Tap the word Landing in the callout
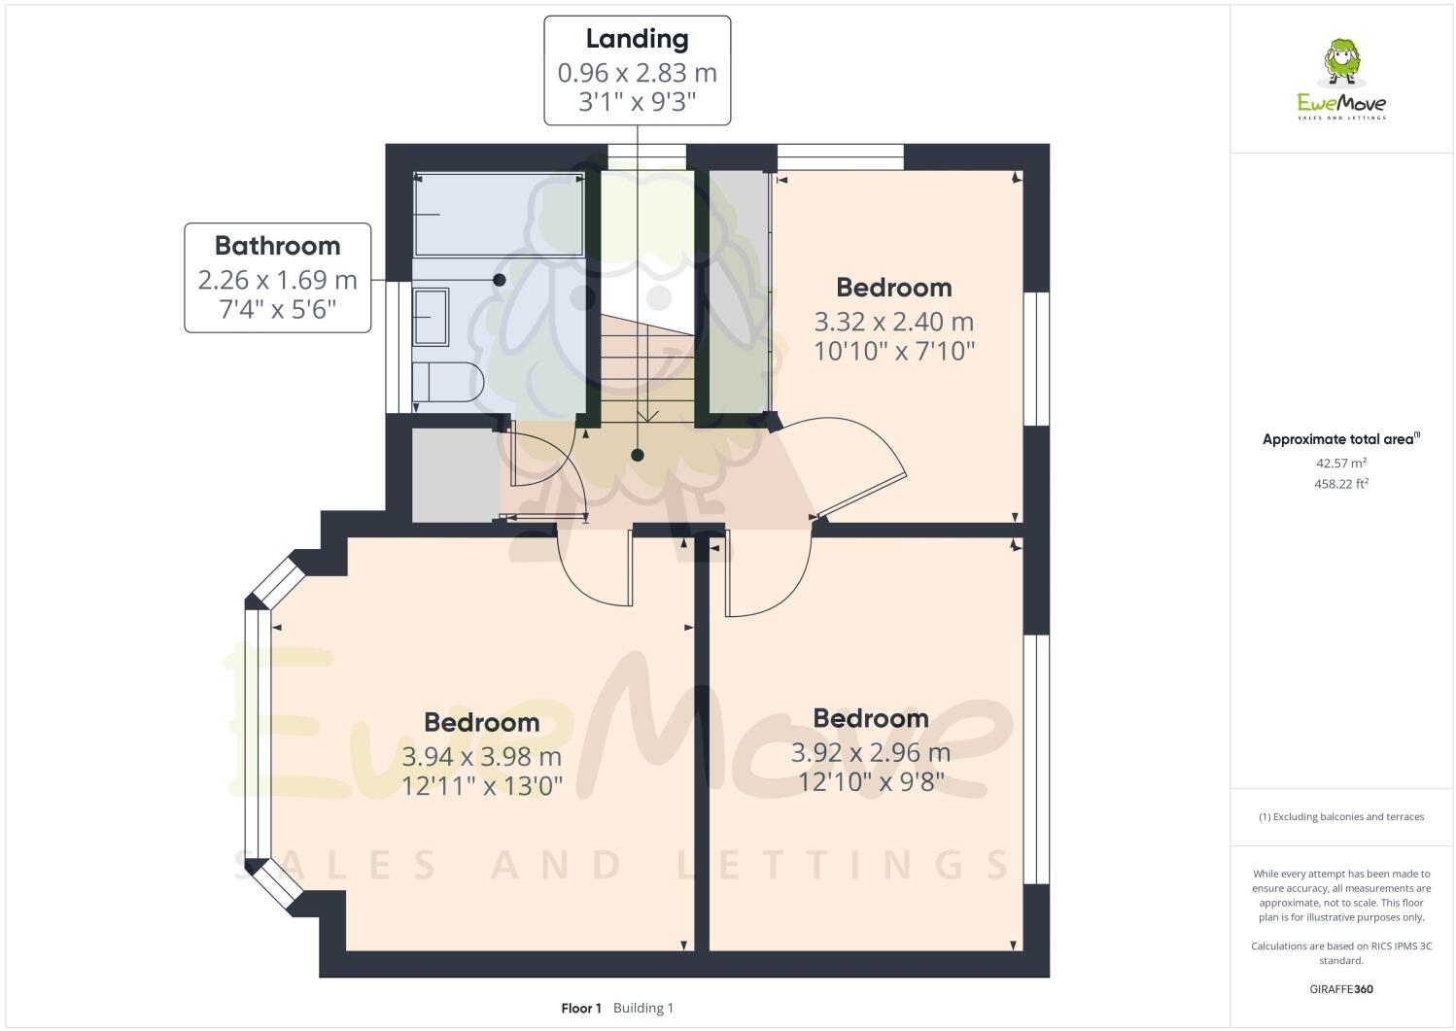click(x=637, y=39)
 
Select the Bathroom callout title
click(x=277, y=246)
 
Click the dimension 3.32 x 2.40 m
click(x=893, y=322)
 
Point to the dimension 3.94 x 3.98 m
click(x=481, y=756)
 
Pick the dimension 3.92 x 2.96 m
click(x=870, y=752)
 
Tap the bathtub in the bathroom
click(x=499, y=214)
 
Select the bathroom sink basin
click(x=431, y=316)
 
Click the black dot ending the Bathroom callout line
click(x=500, y=280)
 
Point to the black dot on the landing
click(x=638, y=455)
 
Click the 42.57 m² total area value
click(x=1340, y=464)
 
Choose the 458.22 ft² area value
click(x=1340, y=483)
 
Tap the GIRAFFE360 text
click(x=1340, y=989)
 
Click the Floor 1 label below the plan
click(x=581, y=1008)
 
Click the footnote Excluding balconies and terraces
click(x=1340, y=816)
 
